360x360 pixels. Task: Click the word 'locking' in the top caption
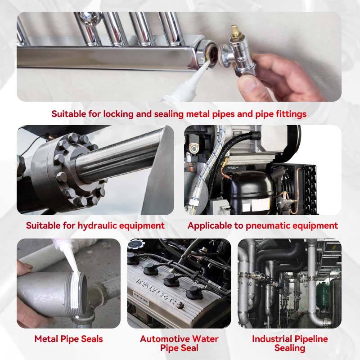click(x=118, y=114)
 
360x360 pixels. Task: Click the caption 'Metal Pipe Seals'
click(x=69, y=339)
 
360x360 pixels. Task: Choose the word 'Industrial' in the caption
click(x=272, y=339)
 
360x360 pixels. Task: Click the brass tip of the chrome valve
click(x=234, y=29)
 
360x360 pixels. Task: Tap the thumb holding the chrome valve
click(x=249, y=84)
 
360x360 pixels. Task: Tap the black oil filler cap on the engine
click(x=136, y=244)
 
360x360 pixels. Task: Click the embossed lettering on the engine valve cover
click(x=160, y=291)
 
